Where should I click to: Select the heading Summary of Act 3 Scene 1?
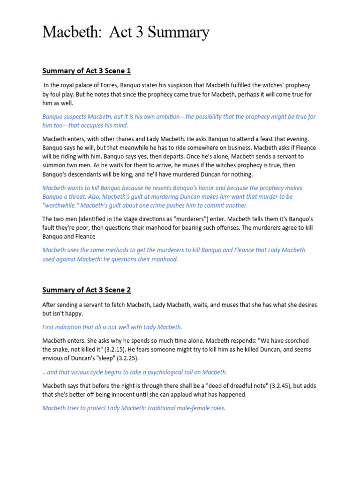click(x=87, y=71)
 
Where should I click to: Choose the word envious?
click(x=53, y=359)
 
